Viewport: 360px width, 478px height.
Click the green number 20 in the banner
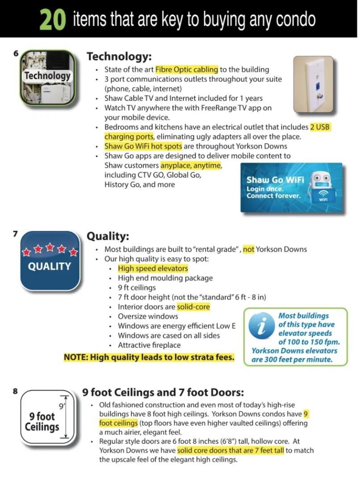tap(53, 20)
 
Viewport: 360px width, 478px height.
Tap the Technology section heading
tap(119, 57)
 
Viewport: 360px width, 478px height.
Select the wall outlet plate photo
tap(313, 84)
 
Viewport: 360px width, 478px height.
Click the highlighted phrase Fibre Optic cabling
tap(187, 70)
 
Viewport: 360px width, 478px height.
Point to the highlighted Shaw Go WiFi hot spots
tap(143, 146)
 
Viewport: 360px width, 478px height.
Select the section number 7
tap(15, 234)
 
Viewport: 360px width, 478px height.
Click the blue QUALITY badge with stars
tap(50, 260)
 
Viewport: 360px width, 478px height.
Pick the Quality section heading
tap(108, 236)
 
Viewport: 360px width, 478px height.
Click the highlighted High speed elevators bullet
tap(153, 268)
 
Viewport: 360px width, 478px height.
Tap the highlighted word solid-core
tap(193, 307)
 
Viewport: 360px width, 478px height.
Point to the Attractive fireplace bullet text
tap(149, 345)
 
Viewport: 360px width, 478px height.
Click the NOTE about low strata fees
tap(149, 357)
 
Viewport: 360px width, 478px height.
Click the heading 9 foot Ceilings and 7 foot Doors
tap(163, 393)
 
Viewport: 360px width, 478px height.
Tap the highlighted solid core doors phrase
tap(230, 450)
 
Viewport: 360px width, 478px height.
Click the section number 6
tap(16, 54)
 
